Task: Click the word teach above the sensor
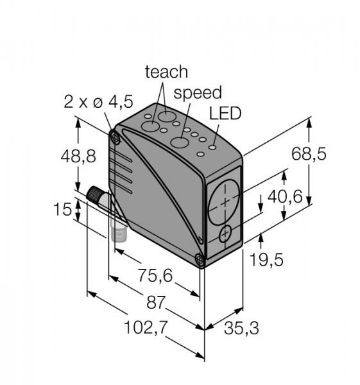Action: (166, 72)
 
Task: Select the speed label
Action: (198, 93)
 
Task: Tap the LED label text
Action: (225, 114)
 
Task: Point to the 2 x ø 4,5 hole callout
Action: (98, 101)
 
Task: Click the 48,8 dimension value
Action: (78, 156)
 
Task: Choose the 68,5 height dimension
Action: (309, 154)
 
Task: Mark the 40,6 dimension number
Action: (285, 196)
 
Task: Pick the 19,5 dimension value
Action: (266, 260)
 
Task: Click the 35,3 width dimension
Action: (241, 329)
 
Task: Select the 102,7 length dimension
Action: (146, 327)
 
